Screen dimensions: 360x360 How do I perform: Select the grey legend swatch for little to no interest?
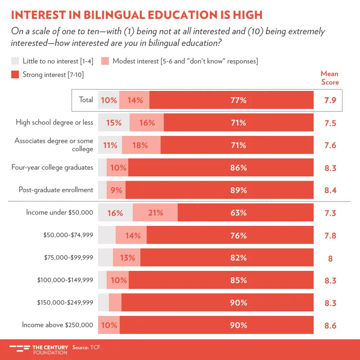coord(15,61)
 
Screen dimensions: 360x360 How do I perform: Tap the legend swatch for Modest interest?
coord(105,61)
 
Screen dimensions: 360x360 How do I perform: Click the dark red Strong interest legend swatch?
coord(15,74)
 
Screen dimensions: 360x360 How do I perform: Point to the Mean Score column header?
coord(329,78)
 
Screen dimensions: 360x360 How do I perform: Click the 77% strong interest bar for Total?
coord(231,100)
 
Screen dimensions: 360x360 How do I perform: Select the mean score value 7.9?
coord(330,100)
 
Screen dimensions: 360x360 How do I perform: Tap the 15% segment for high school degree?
coord(114,123)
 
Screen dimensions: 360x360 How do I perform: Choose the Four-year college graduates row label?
coord(52,167)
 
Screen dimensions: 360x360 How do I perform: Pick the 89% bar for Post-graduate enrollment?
coord(220,190)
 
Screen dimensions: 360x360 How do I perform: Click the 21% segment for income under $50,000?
coord(155,213)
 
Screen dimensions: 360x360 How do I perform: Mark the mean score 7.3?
coord(330,213)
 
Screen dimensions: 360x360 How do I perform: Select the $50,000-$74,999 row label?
coord(68,235)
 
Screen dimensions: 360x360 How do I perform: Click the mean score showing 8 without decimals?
coord(330,258)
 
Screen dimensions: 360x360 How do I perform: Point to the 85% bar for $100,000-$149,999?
coord(221,280)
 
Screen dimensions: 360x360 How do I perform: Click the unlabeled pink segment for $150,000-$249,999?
coord(115,303)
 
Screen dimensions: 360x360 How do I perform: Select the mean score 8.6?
coord(330,325)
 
